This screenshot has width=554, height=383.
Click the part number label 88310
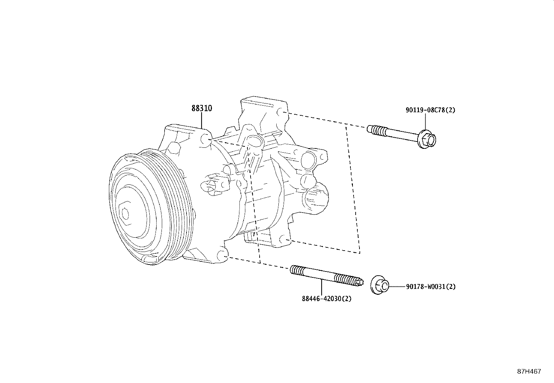pos(201,108)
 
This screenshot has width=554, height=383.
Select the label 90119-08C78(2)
pos(430,110)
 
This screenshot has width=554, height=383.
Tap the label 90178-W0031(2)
pos(430,287)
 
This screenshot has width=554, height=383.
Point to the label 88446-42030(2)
pos(326,299)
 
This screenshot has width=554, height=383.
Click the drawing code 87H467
pos(529,371)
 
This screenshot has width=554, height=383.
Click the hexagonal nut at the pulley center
pos(125,213)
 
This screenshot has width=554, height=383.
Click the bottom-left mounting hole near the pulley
pos(221,256)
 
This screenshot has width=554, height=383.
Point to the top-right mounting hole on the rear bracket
pos(282,112)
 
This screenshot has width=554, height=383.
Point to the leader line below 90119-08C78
pos(425,122)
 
